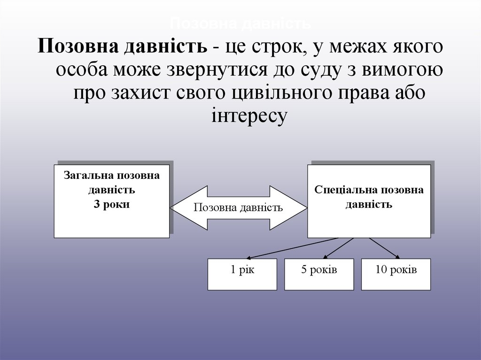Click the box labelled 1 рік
pyautogui.click(x=242, y=274)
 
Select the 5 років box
pyautogui.click(x=319, y=274)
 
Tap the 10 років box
pyautogui.click(x=396, y=274)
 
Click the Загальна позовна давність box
pyautogui.click(x=111, y=200)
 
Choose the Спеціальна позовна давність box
pyautogui.click(x=369, y=201)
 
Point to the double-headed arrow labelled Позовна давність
pyautogui.click(x=238, y=207)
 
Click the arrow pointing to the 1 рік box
pyautogui.click(x=291, y=248)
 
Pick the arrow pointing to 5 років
pyautogui.click(x=339, y=248)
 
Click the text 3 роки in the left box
pyautogui.click(x=111, y=205)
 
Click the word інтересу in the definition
pyautogui.click(x=249, y=115)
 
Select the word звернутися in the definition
pyautogui.click(x=215, y=70)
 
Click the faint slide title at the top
pyautogui.click(x=240, y=23)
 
